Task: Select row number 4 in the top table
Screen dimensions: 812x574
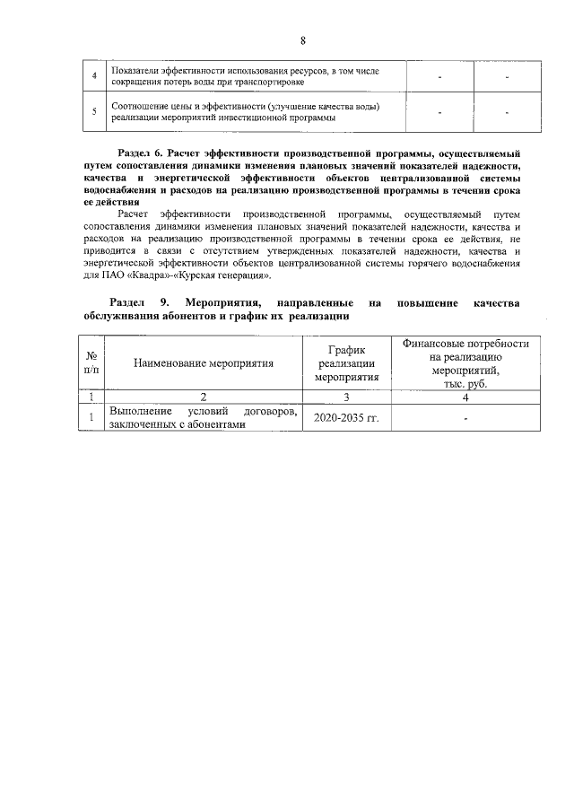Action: [x=94, y=76]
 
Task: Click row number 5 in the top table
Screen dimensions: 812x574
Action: [x=94, y=112]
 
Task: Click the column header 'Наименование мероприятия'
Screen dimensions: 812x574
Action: [x=204, y=363]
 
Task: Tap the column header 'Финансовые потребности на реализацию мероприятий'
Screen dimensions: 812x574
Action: [x=465, y=363]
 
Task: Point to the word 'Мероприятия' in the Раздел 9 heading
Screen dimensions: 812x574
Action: [x=222, y=303]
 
